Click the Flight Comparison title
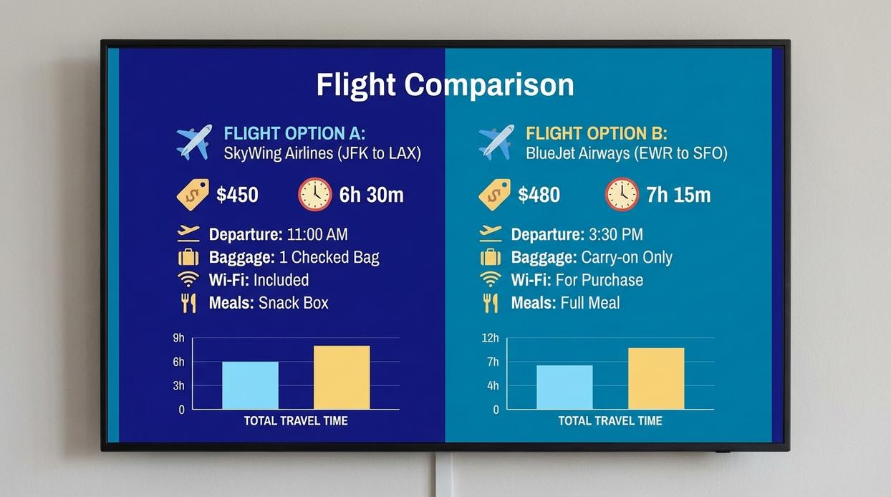coord(445,85)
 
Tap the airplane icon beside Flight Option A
coord(194,142)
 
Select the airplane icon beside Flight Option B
coord(496,142)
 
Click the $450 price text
coord(237,195)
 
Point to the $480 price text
coord(539,195)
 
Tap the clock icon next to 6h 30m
coord(315,194)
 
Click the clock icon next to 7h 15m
coord(622,194)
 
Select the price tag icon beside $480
coord(495,194)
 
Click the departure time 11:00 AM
coord(317,235)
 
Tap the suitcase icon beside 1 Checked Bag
coord(188,257)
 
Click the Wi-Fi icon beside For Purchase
coord(491,279)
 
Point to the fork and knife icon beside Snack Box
coord(188,303)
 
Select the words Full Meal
coord(590,303)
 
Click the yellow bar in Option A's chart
coord(342,377)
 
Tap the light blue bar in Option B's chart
coord(564,387)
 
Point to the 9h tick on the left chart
coord(178,338)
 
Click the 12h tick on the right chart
coord(491,338)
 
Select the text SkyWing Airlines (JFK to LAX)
coord(322,153)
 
